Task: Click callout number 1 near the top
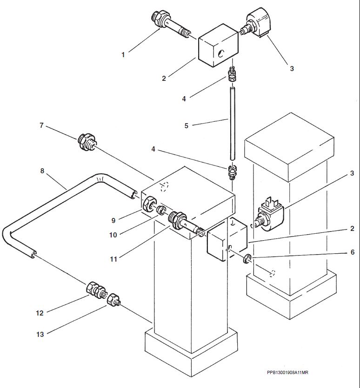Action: tap(123, 55)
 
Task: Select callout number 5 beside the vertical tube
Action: tap(187, 126)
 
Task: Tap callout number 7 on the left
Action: tap(41, 125)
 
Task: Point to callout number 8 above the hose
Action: tap(42, 171)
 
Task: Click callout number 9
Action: tap(113, 220)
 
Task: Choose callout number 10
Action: tap(113, 235)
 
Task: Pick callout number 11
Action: tap(113, 259)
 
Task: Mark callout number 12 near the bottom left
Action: tap(40, 313)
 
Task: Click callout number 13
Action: tap(40, 334)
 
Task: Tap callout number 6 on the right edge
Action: tap(352, 252)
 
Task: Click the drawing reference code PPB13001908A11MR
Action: tap(287, 372)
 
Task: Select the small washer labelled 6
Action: tap(247, 259)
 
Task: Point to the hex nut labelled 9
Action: tap(149, 204)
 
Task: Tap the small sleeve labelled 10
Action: tap(161, 210)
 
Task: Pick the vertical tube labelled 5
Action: tap(233, 124)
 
